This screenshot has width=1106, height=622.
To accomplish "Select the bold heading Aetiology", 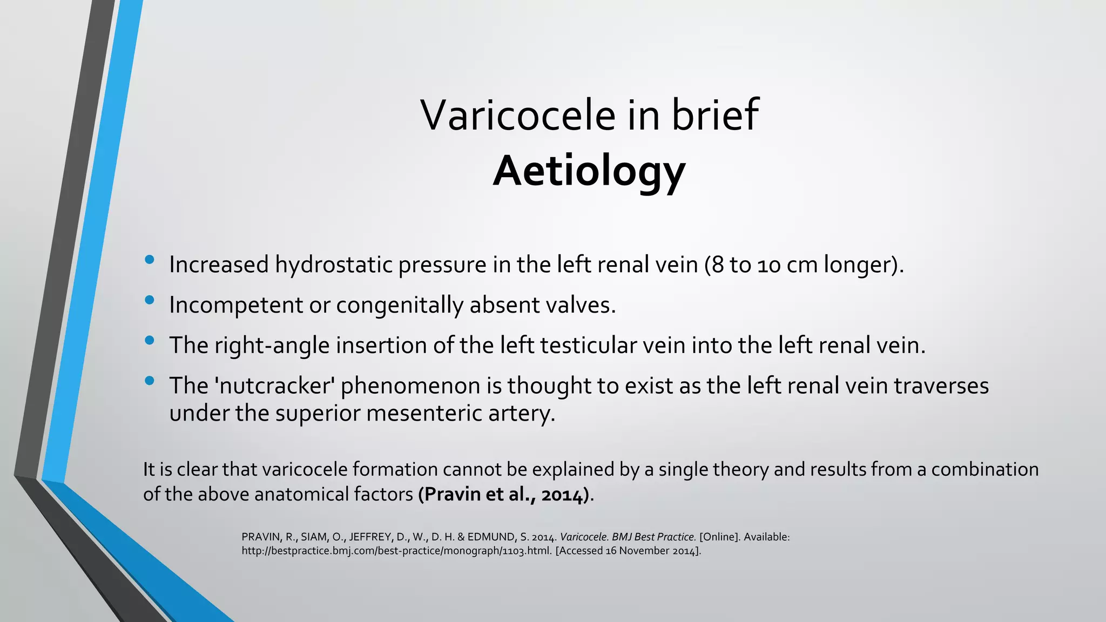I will tap(589, 171).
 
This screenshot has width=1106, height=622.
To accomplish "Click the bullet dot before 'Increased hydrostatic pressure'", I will tap(150, 260).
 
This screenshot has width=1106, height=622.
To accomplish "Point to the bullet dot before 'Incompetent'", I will tap(150, 300).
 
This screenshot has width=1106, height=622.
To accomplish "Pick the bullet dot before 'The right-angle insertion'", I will tap(150, 341).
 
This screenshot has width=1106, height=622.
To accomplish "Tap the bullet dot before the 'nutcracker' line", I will tap(150, 381).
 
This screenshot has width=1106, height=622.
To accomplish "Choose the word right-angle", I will tap(272, 346).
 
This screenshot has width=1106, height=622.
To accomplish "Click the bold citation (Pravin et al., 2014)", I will tap(504, 495).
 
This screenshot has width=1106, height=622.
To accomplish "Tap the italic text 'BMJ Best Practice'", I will tap(653, 537).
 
